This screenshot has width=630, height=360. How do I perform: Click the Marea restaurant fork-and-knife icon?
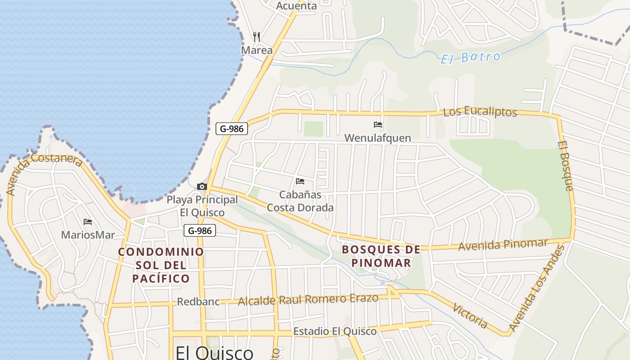256,36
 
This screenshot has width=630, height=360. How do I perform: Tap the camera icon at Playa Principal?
202,186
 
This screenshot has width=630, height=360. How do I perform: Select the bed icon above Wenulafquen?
378,125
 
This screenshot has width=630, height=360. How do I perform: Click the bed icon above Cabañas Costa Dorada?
300,181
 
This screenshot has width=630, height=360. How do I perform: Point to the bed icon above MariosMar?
88,222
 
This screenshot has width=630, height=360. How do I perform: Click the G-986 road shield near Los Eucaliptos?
232,129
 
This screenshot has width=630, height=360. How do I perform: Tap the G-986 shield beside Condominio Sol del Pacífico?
200,231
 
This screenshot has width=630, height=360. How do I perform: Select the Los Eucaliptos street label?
480,112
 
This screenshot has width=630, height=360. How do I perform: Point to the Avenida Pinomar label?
503,245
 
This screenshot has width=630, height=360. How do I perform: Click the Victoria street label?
470,316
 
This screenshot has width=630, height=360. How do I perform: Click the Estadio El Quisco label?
335,332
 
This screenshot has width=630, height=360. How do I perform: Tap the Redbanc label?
198,301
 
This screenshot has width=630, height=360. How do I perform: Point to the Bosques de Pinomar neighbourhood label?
381,256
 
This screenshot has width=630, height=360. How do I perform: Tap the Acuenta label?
296,6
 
